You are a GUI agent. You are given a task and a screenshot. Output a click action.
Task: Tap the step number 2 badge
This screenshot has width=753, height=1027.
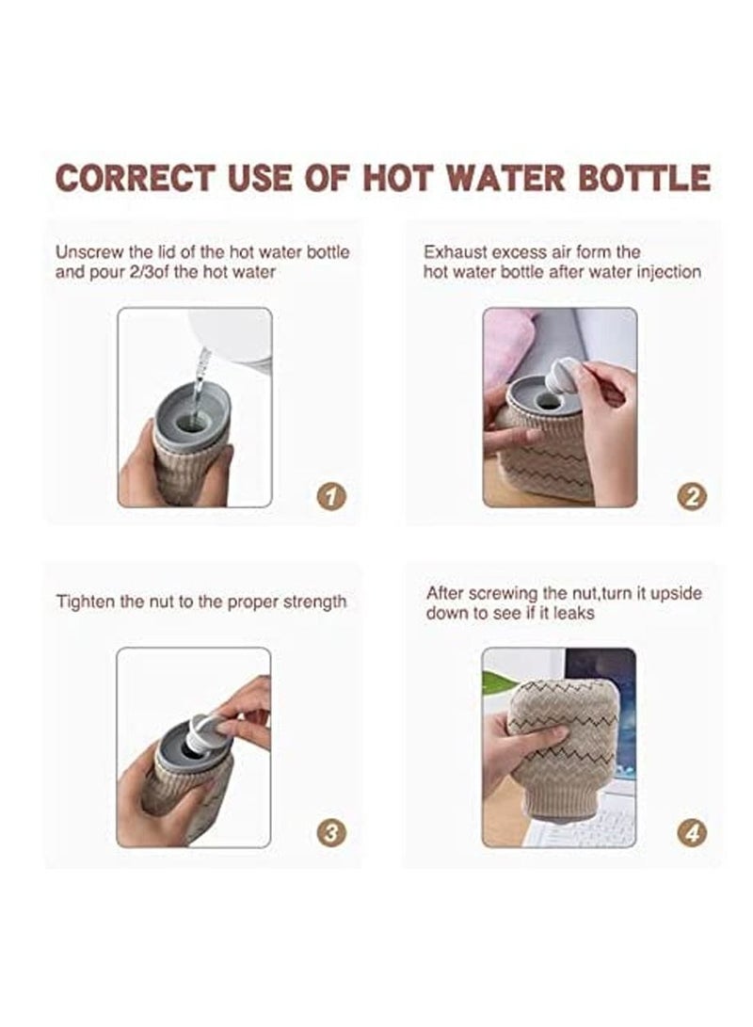coord(692,495)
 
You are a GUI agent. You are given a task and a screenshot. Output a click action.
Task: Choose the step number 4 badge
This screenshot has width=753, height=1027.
coord(692,832)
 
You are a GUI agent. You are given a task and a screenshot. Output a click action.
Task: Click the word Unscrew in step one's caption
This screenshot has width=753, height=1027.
coord(86,252)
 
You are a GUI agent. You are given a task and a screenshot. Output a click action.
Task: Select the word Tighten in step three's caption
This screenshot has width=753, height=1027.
coord(85,602)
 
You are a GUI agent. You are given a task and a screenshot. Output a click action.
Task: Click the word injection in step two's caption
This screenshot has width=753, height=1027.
coord(666,272)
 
